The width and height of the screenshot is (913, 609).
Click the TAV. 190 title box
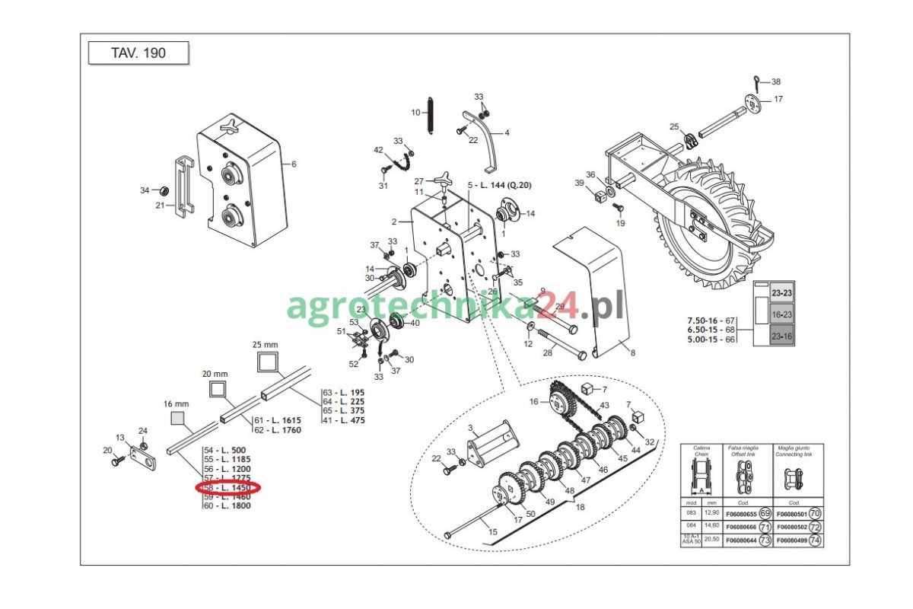[138, 54]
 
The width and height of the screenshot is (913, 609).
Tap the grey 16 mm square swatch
[178, 418]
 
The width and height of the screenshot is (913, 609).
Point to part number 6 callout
[294, 164]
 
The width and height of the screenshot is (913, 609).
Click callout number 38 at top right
[776, 81]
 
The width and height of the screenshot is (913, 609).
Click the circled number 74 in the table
[815, 540]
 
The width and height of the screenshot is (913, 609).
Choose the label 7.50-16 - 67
[711, 320]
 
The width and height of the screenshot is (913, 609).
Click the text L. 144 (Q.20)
[505, 185]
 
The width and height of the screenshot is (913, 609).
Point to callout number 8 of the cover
[631, 352]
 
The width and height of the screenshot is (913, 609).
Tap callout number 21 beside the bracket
[160, 206]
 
